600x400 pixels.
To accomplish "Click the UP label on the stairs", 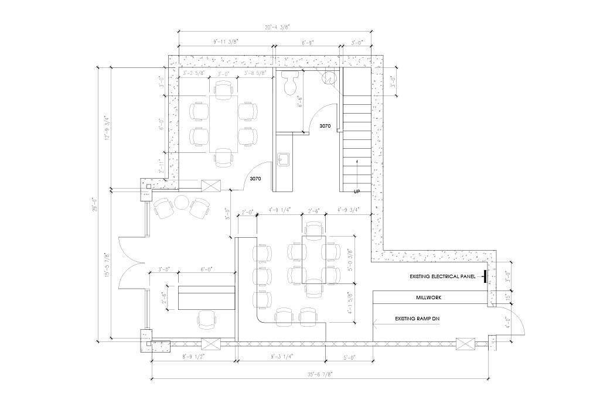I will (x=357, y=192).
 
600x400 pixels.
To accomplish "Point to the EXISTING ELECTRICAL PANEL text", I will (x=445, y=276).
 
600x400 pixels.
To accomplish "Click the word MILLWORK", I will (x=429, y=298).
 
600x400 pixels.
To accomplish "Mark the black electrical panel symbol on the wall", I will (x=485, y=276).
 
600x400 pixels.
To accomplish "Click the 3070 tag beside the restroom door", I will (x=325, y=126).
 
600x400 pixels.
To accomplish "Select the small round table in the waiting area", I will (x=181, y=204).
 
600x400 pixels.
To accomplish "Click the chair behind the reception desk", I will (x=207, y=319).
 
